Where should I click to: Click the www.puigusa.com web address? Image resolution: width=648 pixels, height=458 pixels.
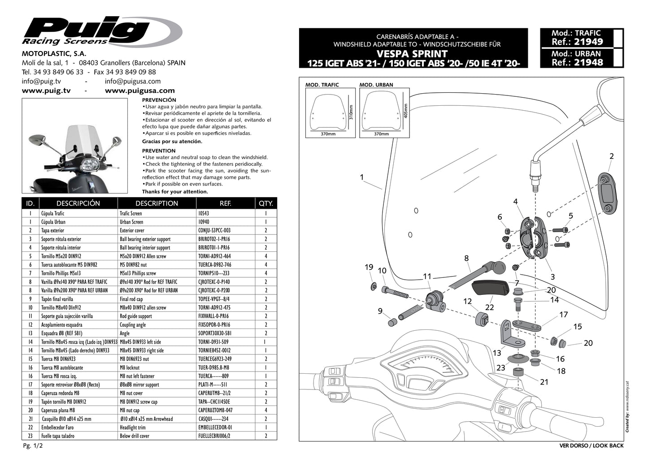tap(139, 91)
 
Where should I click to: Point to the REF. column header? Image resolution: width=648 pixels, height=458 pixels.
tap(225, 203)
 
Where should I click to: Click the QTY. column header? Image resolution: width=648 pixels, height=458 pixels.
tap(265, 203)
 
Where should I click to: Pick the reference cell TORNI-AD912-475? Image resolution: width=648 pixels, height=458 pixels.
tap(214, 307)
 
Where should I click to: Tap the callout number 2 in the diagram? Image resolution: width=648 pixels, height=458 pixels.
tap(611, 156)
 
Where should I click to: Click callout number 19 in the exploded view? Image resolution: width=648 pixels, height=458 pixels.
tap(369, 267)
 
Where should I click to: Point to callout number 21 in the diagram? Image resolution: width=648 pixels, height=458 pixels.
tap(544, 382)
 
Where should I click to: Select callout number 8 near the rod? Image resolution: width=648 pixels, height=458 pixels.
tap(466, 258)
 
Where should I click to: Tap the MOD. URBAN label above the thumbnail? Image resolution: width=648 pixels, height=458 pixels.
tap(376, 85)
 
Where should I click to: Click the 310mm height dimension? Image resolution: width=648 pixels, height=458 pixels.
tap(351, 112)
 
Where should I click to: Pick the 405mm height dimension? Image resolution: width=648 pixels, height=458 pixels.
tap(405, 112)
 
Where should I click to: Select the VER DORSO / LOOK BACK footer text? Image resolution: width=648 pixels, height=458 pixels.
tap(591, 445)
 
